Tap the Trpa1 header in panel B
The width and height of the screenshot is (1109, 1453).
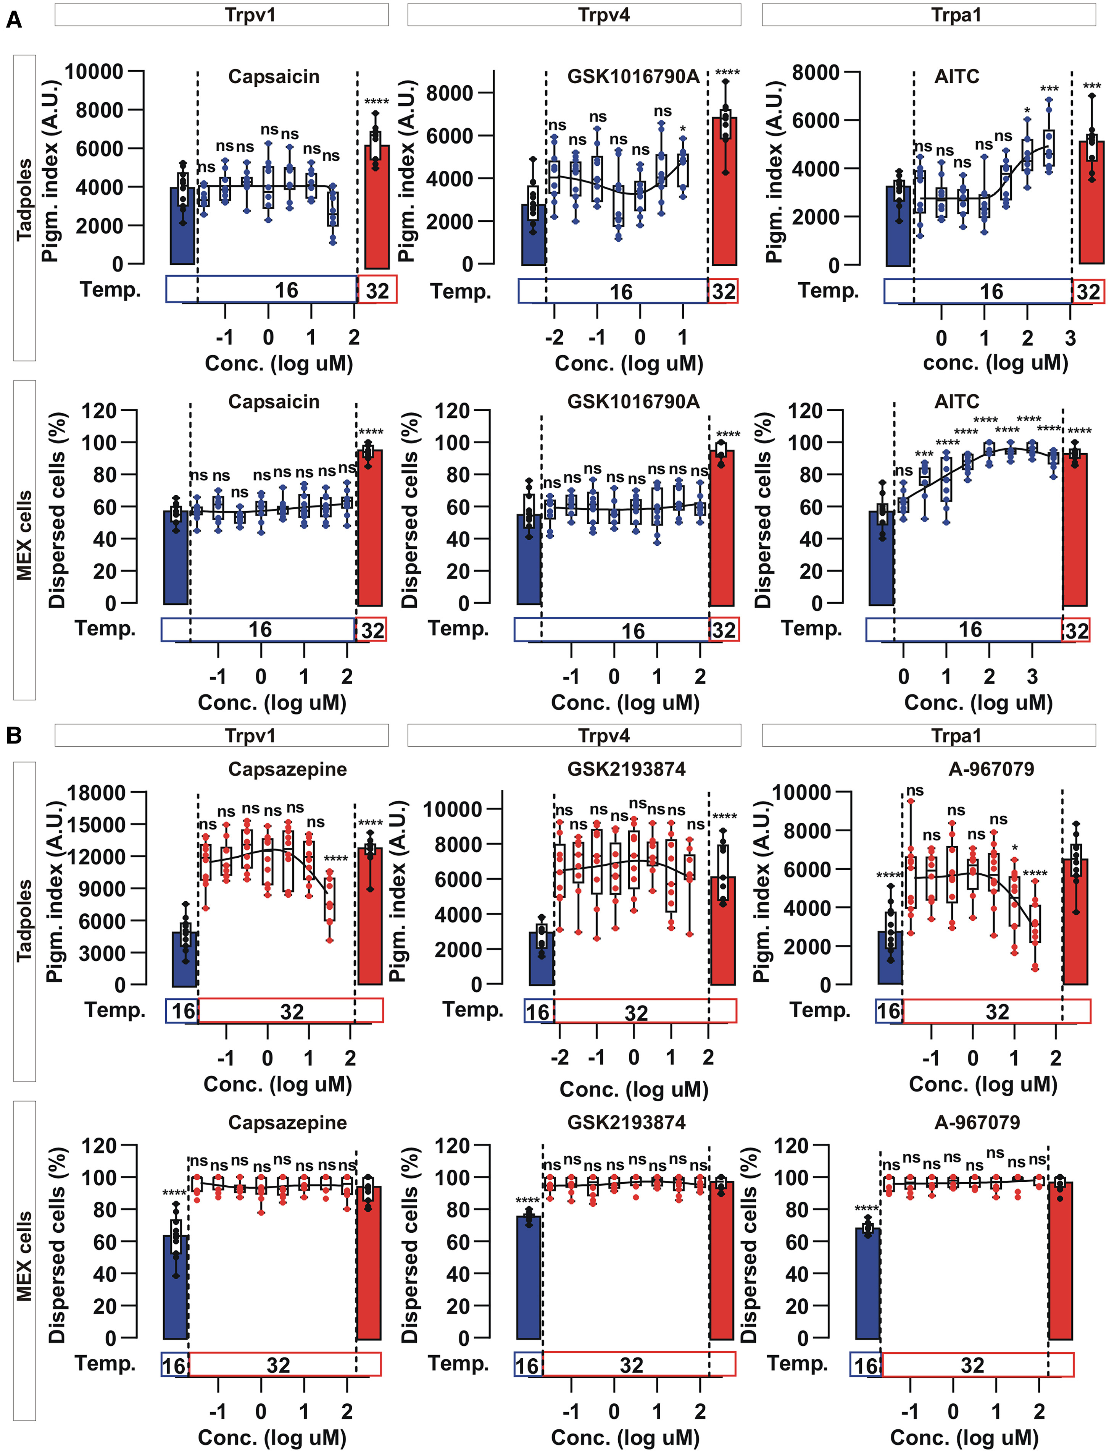[x=956, y=736]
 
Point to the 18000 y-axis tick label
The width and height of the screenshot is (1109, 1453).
[x=97, y=792]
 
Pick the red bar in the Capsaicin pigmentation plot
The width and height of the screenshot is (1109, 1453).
[x=376, y=205]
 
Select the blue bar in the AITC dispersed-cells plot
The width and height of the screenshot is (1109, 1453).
[x=881, y=558]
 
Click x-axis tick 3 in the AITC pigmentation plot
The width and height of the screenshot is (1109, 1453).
[x=1070, y=338]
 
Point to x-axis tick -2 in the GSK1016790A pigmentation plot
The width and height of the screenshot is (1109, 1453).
[x=554, y=338]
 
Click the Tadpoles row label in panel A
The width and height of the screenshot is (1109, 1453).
[x=24, y=200]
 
